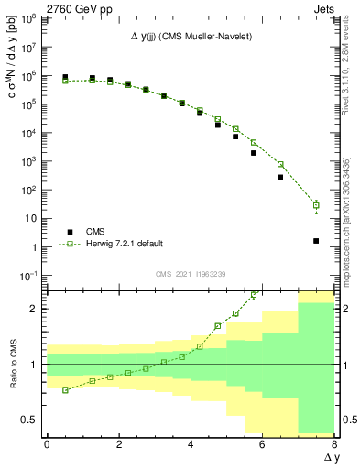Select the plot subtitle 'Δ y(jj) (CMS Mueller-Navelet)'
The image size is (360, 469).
point(190,35)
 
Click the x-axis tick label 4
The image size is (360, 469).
point(191,442)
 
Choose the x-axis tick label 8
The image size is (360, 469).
point(334,442)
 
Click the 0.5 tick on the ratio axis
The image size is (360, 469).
point(30,420)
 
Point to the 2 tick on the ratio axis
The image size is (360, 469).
point(35,309)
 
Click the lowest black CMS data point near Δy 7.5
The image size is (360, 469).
point(316,241)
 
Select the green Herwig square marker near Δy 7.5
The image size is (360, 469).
point(316,205)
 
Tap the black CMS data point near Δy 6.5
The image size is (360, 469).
point(280,177)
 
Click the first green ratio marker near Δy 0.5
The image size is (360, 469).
point(65,390)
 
